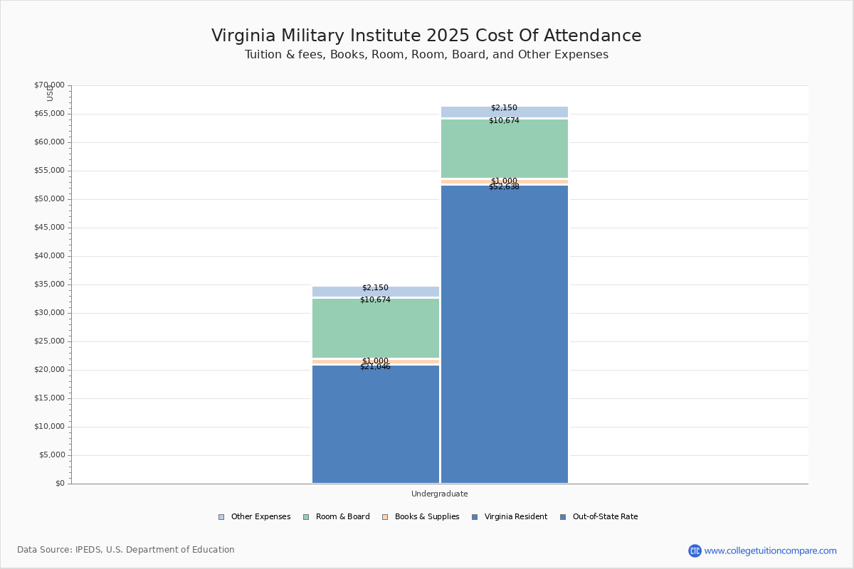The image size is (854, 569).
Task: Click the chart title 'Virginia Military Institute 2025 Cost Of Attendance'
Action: click(x=426, y=36)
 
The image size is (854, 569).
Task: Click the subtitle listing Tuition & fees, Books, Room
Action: click(x=426, y=55)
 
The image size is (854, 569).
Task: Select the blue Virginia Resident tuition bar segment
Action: click(x=376, y=427)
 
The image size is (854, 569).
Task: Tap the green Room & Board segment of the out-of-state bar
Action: click(x=505, y=149)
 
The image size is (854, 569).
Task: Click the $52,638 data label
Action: click(x=505, y=187)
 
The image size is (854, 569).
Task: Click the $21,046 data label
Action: click(x=376, y=367)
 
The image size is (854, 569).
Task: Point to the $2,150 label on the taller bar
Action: click(x=505, y=108)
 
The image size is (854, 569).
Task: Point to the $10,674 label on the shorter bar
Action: click(x=376, y=300)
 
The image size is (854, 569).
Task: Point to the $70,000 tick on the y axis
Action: click(x=49, y=85)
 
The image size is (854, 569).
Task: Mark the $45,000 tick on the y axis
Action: click(x=49, y=228)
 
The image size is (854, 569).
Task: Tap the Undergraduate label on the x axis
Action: click(x=440, y=494)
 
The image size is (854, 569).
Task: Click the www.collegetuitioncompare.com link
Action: click(x=770, y=551)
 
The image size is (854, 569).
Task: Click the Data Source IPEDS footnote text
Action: click(x=126, y=550)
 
